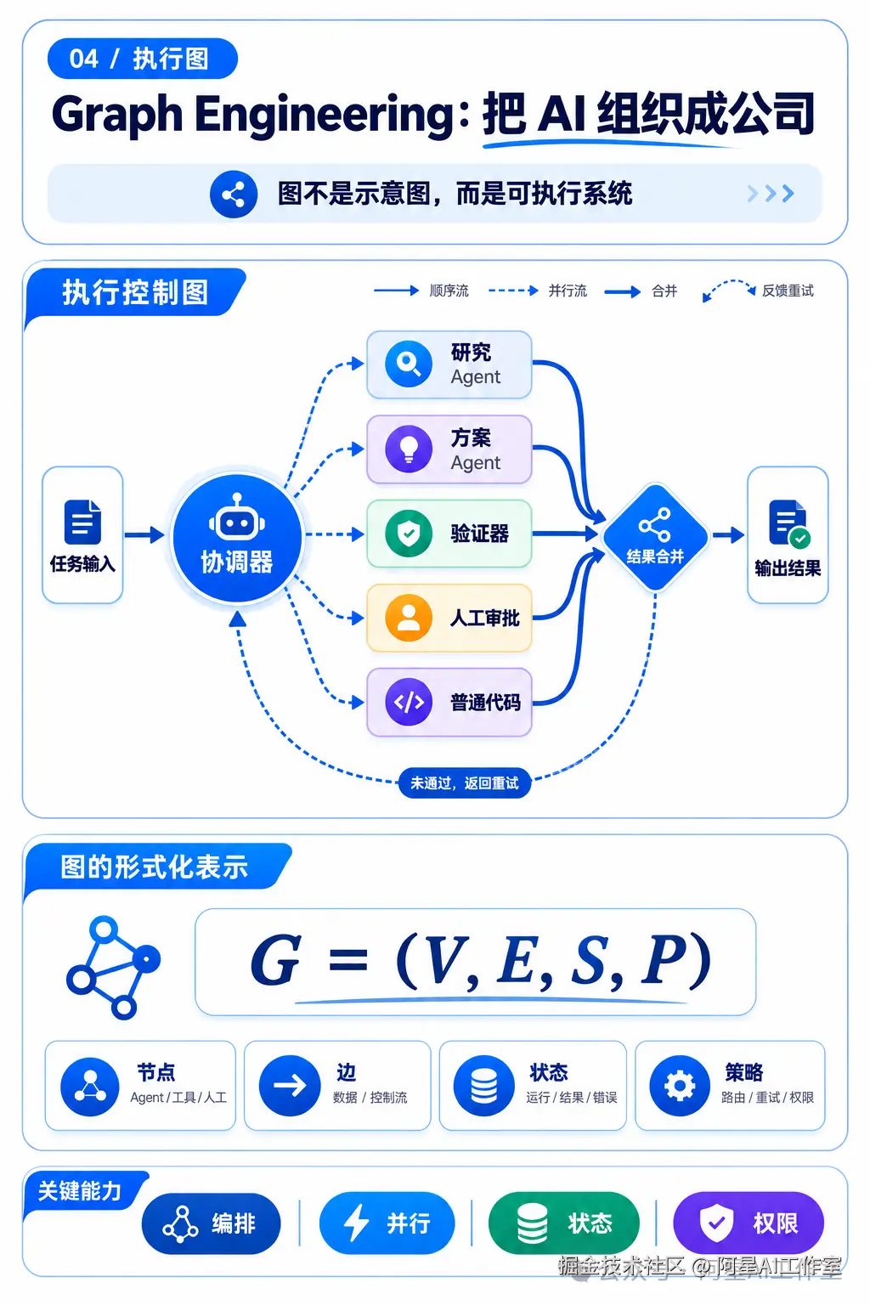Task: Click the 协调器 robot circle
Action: point(237,538)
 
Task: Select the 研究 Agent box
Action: point(449,364)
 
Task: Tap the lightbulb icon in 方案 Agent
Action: point(409,449)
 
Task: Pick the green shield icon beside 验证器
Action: point(409,533)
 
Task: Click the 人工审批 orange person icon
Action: point(409,618)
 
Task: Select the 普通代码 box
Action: point(449,702)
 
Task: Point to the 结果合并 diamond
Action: point(656,537)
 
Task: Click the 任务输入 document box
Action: point(82,534)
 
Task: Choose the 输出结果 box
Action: point(788,534)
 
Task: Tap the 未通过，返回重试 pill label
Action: point(465,783)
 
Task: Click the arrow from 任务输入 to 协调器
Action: point(144,534)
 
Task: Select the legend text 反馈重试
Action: point(788,291)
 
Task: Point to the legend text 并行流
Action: point(568,291)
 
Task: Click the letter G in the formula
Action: point(275,960)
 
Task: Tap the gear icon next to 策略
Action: point(680,1085)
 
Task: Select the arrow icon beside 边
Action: point(290,1085)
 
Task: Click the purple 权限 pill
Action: point(749,1223)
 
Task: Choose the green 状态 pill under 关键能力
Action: point(563,1223)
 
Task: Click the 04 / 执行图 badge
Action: point(143,59)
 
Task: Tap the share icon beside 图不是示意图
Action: point(234,194)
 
